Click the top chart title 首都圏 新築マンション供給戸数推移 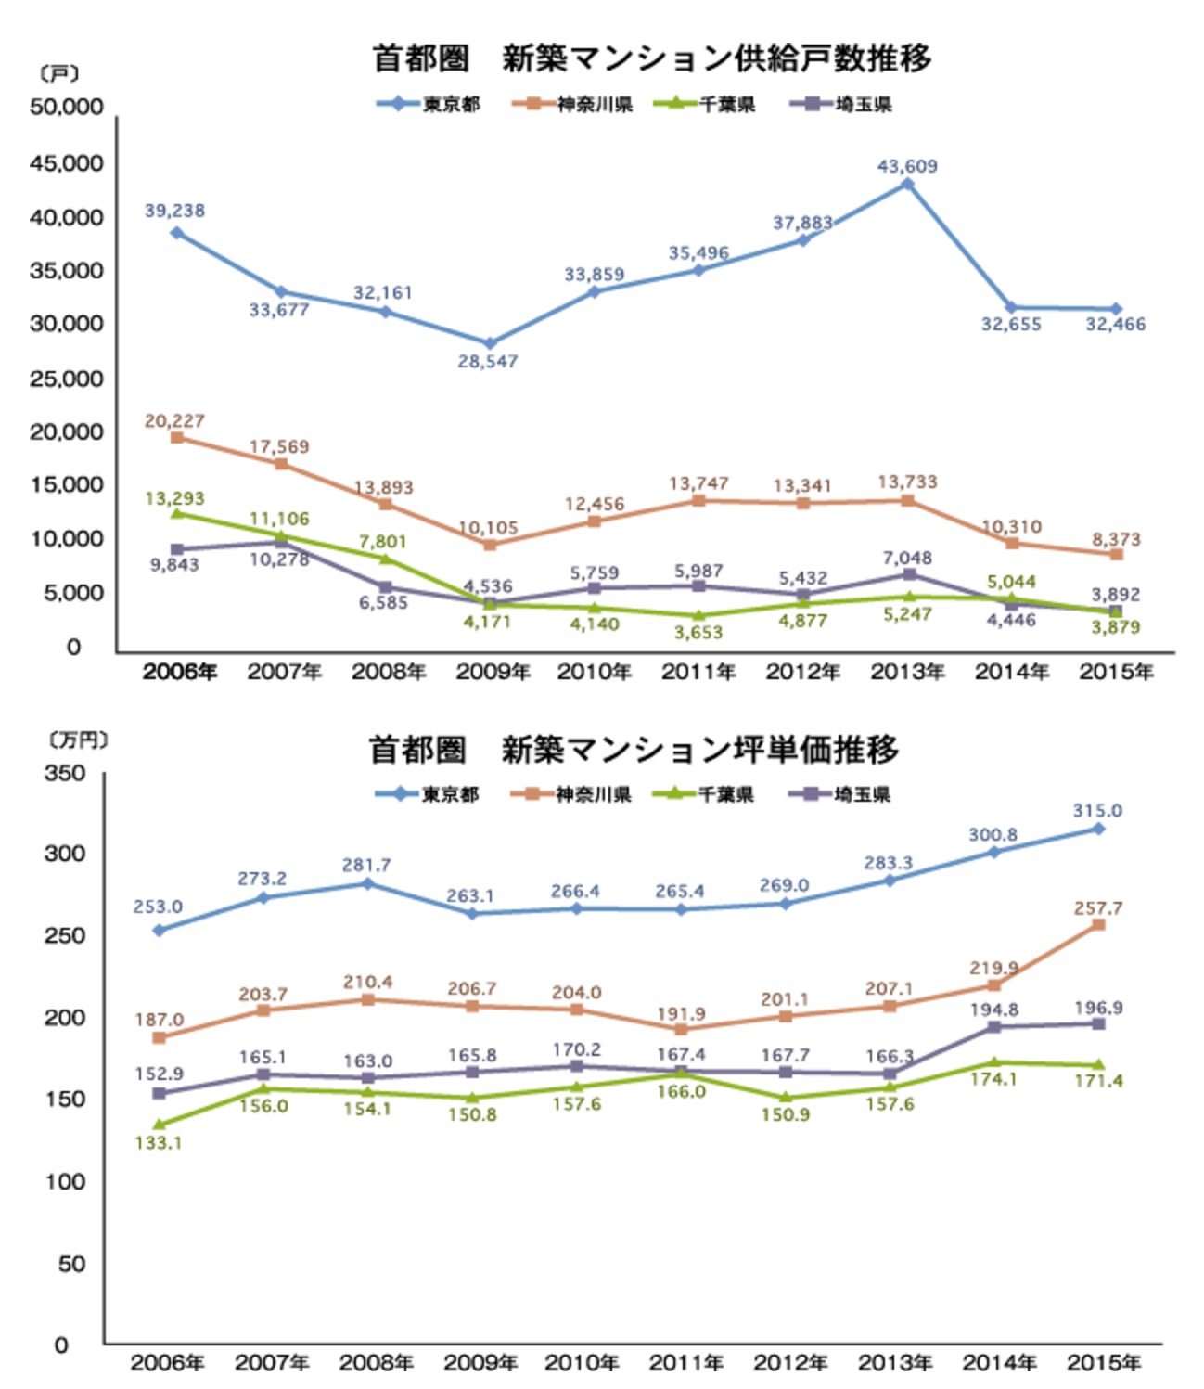click(651, 58)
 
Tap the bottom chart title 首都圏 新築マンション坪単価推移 click(634, 750)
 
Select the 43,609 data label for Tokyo click(907, 166)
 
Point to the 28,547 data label click(487, 361)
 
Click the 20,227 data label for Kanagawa click(174, 420)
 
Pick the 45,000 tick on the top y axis click(66, 163)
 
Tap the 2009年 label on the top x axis click(493, 672)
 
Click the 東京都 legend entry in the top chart click(429, 104)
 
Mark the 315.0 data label click(1097, 810)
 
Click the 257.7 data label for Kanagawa click(1098, 907)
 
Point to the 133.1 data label click(158, 1142)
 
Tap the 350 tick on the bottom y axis click(64, 773)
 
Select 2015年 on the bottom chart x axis click(1103, 1362)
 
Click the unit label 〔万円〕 click(78, 739)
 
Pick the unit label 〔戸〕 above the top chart click(59, 73)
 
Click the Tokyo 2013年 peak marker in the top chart click(907, 184)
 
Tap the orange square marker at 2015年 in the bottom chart click(1098, 924)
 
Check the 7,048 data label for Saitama click(907, 558)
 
